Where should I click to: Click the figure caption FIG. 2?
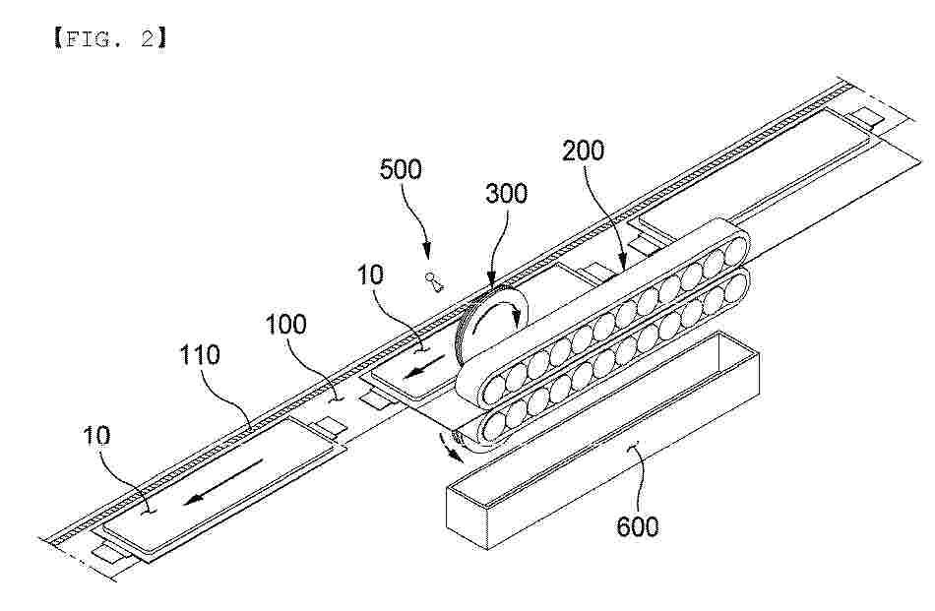[110, 39]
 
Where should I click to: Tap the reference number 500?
[401, 169]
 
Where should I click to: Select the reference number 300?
[506, 194]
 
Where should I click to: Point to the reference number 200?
[584, 151]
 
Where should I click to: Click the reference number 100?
[285, 325]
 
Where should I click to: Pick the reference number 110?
[200, 355]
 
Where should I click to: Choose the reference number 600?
[638, 527]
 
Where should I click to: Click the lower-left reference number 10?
[96, 436]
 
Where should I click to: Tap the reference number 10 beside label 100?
[370, 275]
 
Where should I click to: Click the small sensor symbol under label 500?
[433, 282]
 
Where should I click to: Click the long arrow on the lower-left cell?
[222, 482]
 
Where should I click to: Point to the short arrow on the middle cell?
[424, 367]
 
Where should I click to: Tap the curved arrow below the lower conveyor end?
[450, 448]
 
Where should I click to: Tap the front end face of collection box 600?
[467, 515]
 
